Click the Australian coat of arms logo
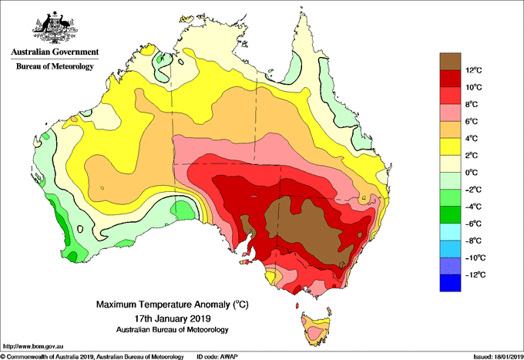coord(55,28)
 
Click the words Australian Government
coord(55,52)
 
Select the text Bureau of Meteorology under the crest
coord(55,66)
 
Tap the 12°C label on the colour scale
coord(474,70)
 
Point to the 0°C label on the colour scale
coord(472,173)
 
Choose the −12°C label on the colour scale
coord(475,274)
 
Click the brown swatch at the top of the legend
coord(450,62)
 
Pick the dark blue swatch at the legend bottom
coord(450,283)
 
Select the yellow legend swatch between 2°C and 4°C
coord(450,146)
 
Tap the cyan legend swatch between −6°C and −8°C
coord(450,232)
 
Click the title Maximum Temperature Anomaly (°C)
coord(173,304)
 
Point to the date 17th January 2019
coord(173,318)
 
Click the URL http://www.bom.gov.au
coord(33,347)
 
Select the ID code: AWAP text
coord(217,357)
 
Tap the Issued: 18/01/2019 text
coord(499,357)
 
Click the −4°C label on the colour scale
coord(473,207)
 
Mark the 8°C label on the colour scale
coord(472,104)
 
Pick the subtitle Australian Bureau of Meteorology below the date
coord(173,330)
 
